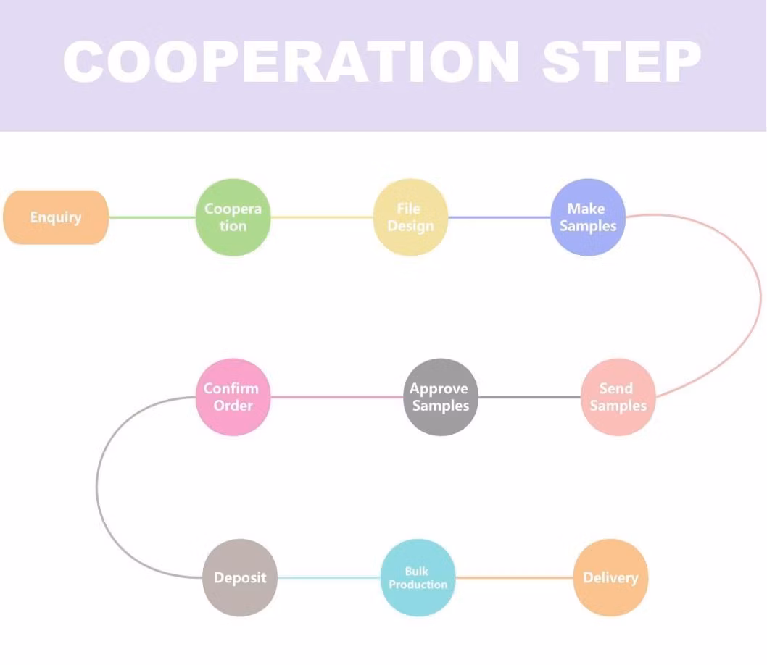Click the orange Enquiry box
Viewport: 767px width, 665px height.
point(56,217)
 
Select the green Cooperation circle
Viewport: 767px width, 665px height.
point(233,217)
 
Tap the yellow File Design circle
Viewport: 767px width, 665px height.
point(410,217)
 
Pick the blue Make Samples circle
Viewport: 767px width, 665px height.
point(587,217)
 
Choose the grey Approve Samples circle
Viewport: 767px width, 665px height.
point(440,397)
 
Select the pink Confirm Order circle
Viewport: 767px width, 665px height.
point(233,397)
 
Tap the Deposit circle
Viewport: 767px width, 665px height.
point(240,578)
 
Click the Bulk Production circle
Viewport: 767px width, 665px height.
point(418,578)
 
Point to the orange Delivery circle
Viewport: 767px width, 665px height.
point(610,578)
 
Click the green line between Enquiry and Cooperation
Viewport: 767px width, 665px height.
point(152,217)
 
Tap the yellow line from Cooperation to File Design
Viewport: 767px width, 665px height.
point(321,217)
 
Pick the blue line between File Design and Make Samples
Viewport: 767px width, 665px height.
point(499,217)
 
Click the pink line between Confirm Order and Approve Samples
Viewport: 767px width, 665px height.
point(336,397)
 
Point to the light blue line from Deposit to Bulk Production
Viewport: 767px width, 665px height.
point(328,578)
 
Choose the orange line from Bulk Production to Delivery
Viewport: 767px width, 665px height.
point(514,578)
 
